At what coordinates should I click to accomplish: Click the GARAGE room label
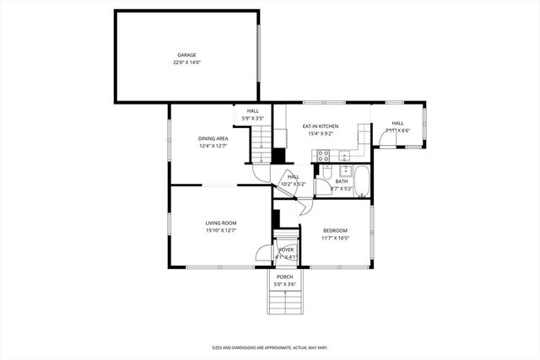[x=186, y=55]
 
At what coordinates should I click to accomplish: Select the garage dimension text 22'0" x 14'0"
[x=186, y=62]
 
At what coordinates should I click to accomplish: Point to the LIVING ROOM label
[x=220, y=223]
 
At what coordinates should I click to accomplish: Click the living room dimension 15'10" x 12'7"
[x=220, y=230]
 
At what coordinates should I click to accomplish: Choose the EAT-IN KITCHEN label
[x=320, y=126]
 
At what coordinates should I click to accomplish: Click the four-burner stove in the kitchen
[x=322, y=154]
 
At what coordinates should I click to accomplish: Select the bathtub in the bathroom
[x=362, y=180]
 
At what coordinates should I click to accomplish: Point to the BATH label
[x=341, y=181]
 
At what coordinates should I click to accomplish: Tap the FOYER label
[x=286, y=250]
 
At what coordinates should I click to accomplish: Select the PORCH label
[x=285, y=277]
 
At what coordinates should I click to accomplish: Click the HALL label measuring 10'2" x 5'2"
[x=293, y=176]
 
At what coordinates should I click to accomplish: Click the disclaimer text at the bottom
[x=269, y=347]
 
